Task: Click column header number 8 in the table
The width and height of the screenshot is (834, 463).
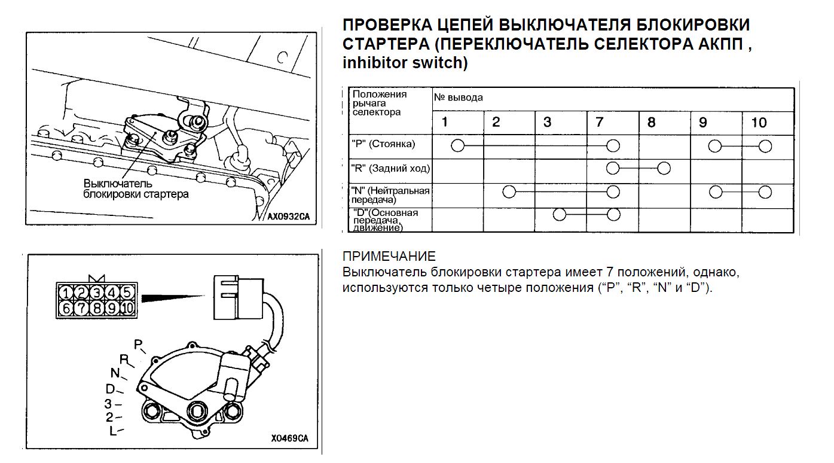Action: click(x=651, y=123)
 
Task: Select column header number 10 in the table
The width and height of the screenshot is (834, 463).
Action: click(x=759, y=123)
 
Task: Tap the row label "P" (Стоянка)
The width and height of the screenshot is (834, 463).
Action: click(x=383, y=144)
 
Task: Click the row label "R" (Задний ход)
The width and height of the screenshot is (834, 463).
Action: click(x=390, y=169)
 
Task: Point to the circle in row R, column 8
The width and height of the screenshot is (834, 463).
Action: click(x=664, y=168)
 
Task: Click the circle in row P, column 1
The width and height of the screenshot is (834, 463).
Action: click(x=457, y=145)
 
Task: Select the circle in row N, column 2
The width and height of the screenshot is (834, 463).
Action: click(x=509, y=192)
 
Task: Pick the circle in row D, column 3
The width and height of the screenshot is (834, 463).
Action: click(x=560, y=215)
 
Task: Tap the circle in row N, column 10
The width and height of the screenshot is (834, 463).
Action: click(x=765, y=192)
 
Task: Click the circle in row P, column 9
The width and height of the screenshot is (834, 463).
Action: click(x=714, y=145)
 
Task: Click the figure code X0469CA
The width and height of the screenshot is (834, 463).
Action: click(x=289, y=438)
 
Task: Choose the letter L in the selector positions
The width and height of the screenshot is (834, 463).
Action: click(x=112, y=431)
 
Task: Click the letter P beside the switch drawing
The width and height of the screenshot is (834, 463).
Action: click(x=138, y=344)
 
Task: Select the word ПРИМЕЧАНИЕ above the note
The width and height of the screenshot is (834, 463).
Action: click(x=389, y=257)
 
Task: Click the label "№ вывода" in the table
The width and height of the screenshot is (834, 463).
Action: click(x=459, y=98)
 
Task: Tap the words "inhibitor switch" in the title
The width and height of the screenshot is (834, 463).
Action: click(x=404, y=62)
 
